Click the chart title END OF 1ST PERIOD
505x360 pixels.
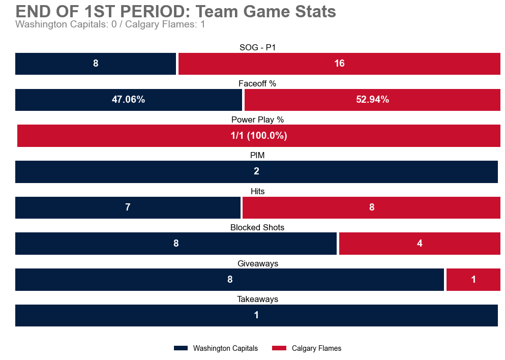(175, 11)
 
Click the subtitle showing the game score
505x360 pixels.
(110, 24)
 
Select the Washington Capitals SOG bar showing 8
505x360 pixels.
(96, 64)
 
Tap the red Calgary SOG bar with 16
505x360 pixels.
(339, 64)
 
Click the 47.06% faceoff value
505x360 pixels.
(128, 100)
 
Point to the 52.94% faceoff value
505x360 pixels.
(372, 100)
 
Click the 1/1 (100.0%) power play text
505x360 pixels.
(258, 136)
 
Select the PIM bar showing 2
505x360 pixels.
(256, 171)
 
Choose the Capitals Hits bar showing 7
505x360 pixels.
(128, 207)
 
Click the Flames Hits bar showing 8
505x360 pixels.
(371, 207)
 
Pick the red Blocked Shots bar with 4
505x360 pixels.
(420, 244)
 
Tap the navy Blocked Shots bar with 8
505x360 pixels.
(176, 244)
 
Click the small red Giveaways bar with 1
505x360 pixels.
(473, 280)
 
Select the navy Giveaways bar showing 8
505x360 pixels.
(229, 280)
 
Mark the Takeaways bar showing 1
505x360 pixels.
(256, 315)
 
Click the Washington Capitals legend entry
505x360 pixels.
(216, 348)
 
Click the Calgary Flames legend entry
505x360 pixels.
(307, 348)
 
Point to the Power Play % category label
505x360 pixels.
(257, 119)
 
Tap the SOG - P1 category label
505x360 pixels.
(257, 48)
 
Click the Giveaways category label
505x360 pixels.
(257, 263)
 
